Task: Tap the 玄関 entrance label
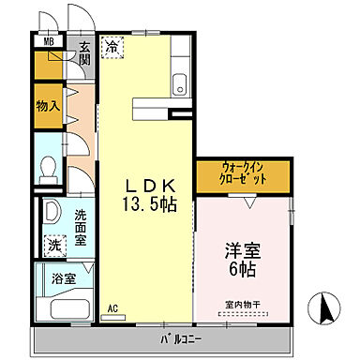tap(84, 53)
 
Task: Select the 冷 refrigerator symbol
tap(112, 45)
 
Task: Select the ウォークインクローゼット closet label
tap(243, 173)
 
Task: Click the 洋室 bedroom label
tap(241, 251)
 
